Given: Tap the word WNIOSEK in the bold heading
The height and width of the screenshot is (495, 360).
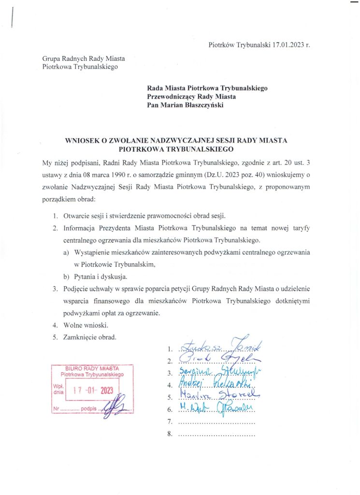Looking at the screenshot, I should [83, 141].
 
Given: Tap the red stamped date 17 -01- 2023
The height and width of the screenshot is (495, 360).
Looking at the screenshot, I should [96, 392].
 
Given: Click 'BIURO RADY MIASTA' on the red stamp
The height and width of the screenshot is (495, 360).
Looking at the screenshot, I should [92, 369].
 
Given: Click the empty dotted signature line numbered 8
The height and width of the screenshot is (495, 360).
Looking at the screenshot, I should [216, 435].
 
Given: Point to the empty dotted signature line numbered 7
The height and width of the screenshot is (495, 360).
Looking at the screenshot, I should [216, 422].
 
